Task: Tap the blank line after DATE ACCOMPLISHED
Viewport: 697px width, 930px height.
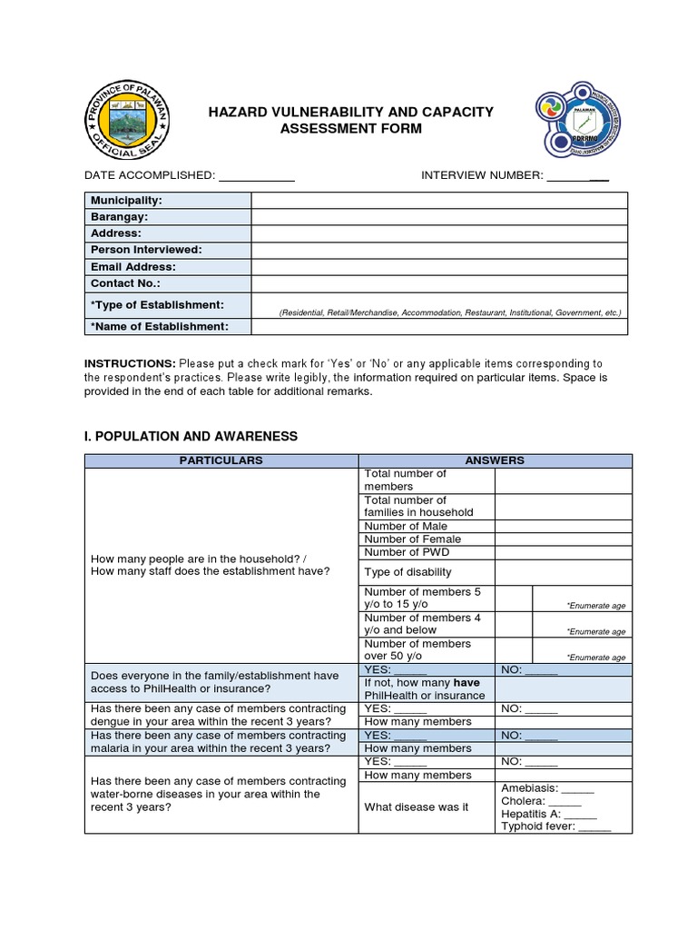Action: pyautogui.click(x=257, y=175)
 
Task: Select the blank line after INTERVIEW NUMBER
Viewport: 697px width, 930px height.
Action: pyautogui.click(x=577, y=175)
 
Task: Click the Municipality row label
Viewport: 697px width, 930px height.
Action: pyautogui.click(x=126, y=200)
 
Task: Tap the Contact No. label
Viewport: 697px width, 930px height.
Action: pyautogui.click(x=125, y=283)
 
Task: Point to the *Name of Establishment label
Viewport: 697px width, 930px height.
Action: pyautogui.click(x=158, y=326)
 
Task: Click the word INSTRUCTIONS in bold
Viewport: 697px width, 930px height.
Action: pyautogui.click(x=130, y=363)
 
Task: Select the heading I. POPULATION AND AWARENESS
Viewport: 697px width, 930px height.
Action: pyautogui.click(x=191, y=436)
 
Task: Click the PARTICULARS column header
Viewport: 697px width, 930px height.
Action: pyautogui.click(x=221, y=460)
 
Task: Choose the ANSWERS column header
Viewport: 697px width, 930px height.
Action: pyautogui.click(x=495, y=460)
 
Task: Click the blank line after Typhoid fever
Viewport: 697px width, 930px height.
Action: pyautogui.click(x=594, y=827)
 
